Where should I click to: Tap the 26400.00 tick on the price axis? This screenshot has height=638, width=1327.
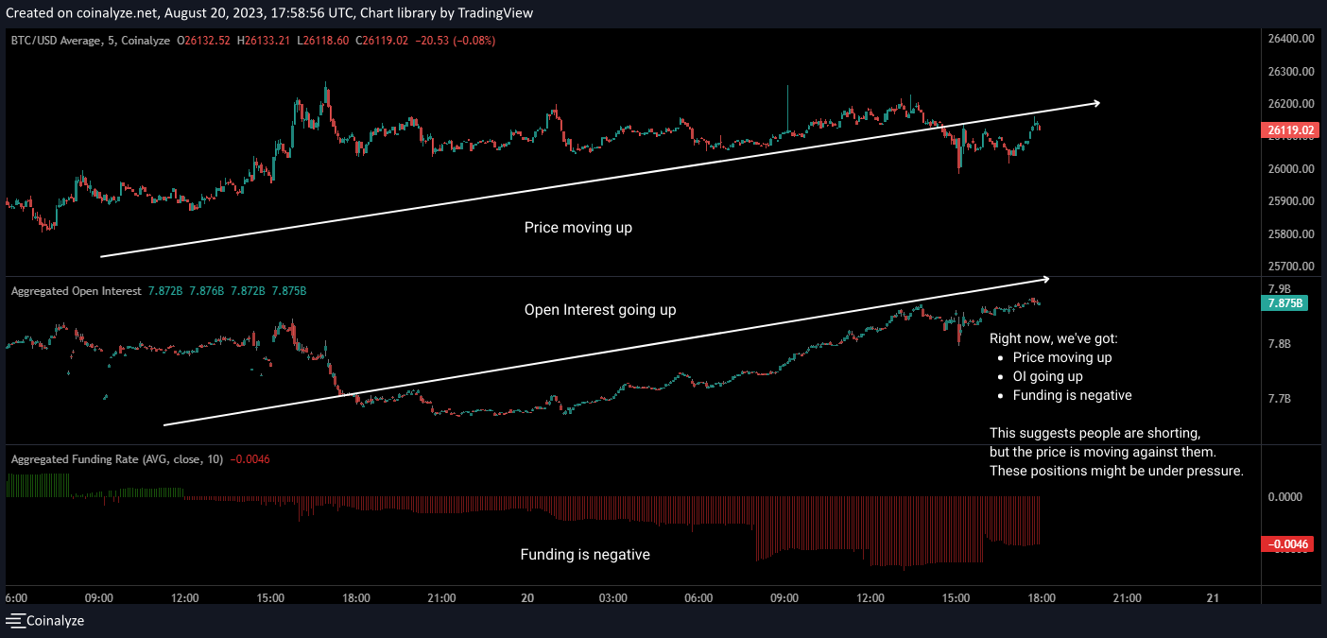click(1290, 39)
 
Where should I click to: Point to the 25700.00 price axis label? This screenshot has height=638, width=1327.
click(1290, 267)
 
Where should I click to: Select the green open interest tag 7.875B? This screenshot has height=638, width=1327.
click(1284, 303)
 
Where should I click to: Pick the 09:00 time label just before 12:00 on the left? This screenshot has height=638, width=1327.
click(99, 597)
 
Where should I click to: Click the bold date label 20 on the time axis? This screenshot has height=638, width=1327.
click(527, 597)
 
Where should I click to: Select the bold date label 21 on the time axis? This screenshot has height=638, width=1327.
click(1214, 597)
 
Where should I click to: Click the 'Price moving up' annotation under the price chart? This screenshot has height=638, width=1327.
click(578, 228)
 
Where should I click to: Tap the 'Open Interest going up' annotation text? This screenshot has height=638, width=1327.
click(600, 310)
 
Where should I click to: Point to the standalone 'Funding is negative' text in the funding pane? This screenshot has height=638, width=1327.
click(585, 555)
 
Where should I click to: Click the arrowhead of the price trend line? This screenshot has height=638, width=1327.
click(1096, 102)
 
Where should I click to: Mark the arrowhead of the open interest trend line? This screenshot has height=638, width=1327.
click(1045, 278)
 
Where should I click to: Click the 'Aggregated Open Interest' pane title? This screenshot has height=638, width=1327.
click(76, 291)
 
